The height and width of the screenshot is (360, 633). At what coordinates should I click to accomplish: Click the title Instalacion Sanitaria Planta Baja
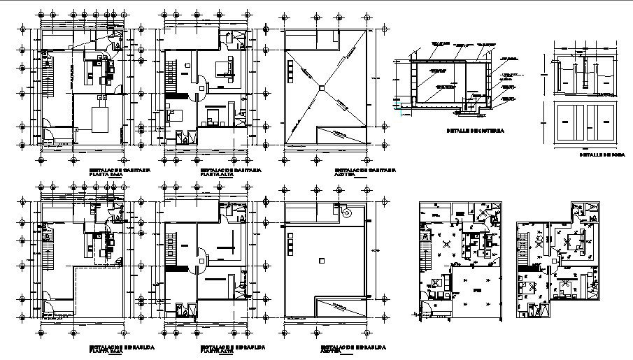pyautogui.click(x=119, y=172)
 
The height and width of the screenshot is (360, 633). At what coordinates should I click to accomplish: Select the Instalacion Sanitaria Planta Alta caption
pyautogui.click(x=232, y=172)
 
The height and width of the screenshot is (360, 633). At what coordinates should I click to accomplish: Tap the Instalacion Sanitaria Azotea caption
pyautogui.click(x=364, y=172)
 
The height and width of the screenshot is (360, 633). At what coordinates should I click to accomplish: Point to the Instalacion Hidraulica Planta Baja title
pyautogui.click(x=122, y=348)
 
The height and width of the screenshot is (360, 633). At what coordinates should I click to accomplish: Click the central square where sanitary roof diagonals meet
pyautogui.click(x=319, y=87)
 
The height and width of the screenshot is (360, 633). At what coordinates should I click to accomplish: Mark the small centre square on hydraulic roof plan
pyautogui.click(x=319, y=260)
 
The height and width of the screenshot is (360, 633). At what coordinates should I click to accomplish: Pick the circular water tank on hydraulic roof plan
pyautogui.click(x=346, y=210)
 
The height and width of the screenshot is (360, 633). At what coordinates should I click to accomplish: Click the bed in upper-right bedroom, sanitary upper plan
pyautogui.click(x=225, y=69)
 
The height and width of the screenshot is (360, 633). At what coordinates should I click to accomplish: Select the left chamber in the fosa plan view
pyautogui.click(x=571, y=122)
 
